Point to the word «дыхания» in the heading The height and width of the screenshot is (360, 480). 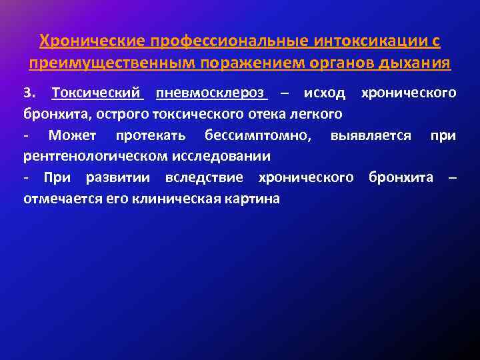click(x=418, y=64)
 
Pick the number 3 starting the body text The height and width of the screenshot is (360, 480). click(x=27, y=92)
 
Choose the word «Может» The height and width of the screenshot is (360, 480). click(x=72, y=136)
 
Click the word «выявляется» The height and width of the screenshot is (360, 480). click(x=371, y=136)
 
